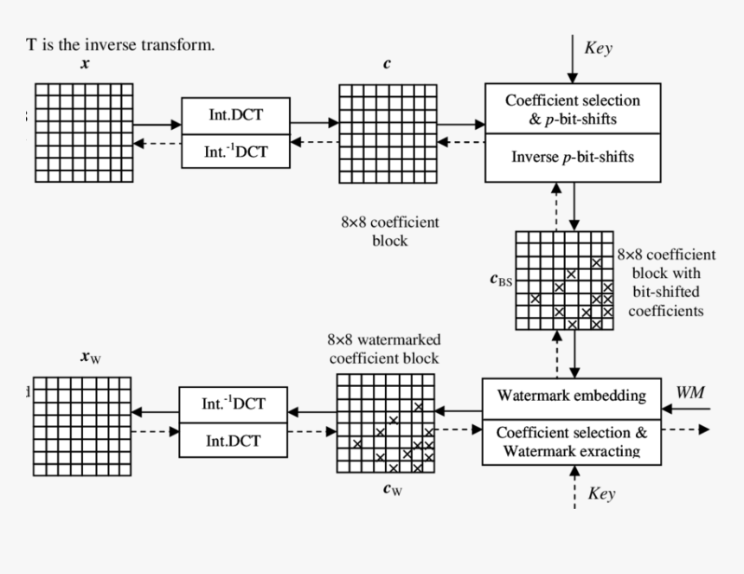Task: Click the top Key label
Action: click(598, 48)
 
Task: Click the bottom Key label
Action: click(601, 493)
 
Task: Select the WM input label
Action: click(689, 393)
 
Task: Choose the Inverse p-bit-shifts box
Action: click(572, 158)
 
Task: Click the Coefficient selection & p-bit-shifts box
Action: click(572, 109)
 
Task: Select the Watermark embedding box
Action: click(571, 397)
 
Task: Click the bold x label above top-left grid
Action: click(84, 65)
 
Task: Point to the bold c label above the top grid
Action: click(386, 65)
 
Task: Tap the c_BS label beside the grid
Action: click(500, 281)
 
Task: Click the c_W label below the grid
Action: click(392, 489)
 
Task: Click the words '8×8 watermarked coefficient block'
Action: click(382, 349)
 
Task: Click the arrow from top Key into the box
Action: click(572, 60)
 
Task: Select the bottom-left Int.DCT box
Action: click(233, 440)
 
